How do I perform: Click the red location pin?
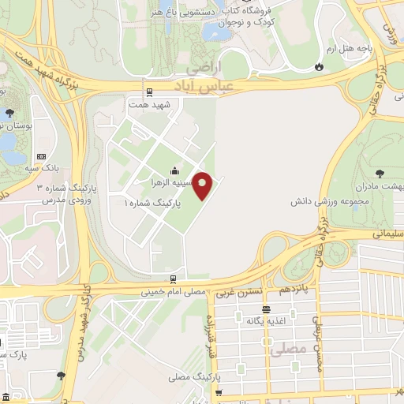click(x=204, y=185)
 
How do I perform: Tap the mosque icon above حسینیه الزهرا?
click(x=174, y=171)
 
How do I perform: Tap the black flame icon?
click(x=318, y=68)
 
